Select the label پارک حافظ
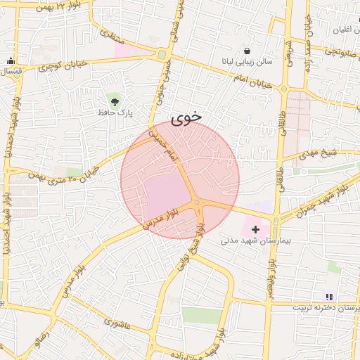115,112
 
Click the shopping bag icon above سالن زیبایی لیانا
247,51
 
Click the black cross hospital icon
255,229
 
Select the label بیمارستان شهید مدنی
250,240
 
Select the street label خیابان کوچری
63,65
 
